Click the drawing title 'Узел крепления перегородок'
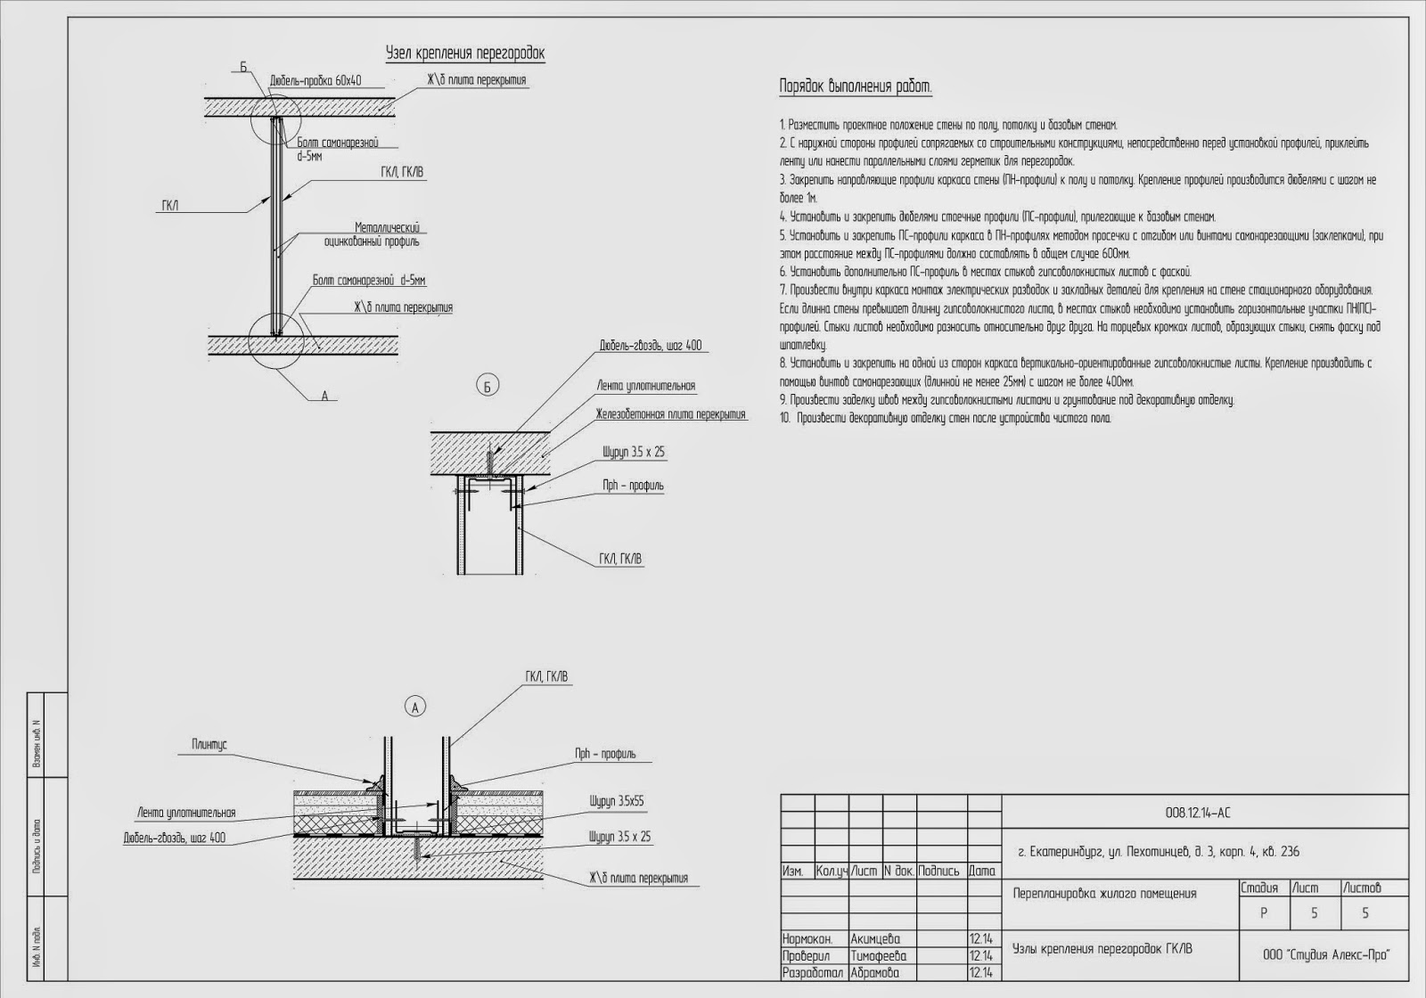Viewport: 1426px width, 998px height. [464, 53]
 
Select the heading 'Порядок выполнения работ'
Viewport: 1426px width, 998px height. [856, 86]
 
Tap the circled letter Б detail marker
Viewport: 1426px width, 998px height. [487, 386]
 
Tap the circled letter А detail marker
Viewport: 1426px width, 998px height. [414, 707]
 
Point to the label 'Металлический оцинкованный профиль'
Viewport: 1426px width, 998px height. [387, 234]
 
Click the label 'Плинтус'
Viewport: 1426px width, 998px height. [209, 743]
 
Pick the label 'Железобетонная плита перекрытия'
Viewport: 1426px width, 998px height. [670, 414]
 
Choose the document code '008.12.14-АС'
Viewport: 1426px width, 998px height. [1198, 812]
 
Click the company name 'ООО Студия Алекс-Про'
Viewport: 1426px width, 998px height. [1326, 954]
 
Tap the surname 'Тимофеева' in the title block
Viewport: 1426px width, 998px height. [879, 955]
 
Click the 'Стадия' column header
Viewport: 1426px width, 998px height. [1259, 888]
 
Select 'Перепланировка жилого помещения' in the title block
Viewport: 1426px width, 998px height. [1104, 893]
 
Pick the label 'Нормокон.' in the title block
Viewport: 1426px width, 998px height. [807, 938]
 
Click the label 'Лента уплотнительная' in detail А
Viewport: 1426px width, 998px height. [186, 813]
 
